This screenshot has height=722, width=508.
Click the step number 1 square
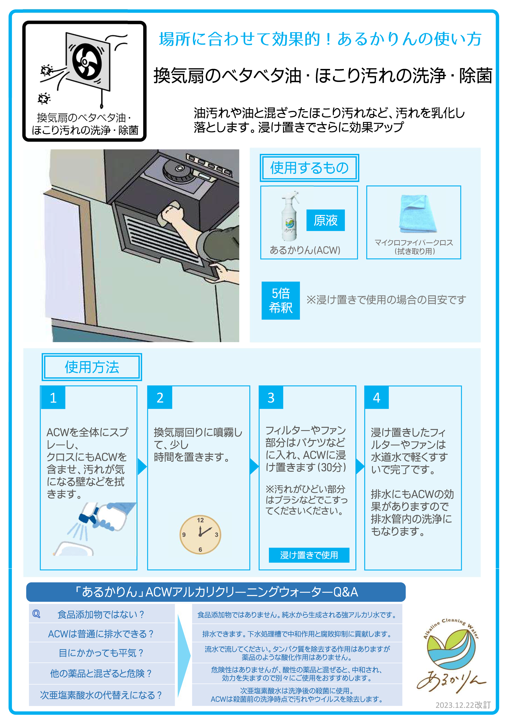coord(53,397)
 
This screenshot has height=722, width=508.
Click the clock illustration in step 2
coord(200,534)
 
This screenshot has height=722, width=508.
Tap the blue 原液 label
coord(326,220)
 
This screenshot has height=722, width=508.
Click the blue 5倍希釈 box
coord(281,301)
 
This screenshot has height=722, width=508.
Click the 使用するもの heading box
coord(309,168)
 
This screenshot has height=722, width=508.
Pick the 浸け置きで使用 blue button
coord(309,555)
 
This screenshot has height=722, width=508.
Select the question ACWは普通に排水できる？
coord(101,634)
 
